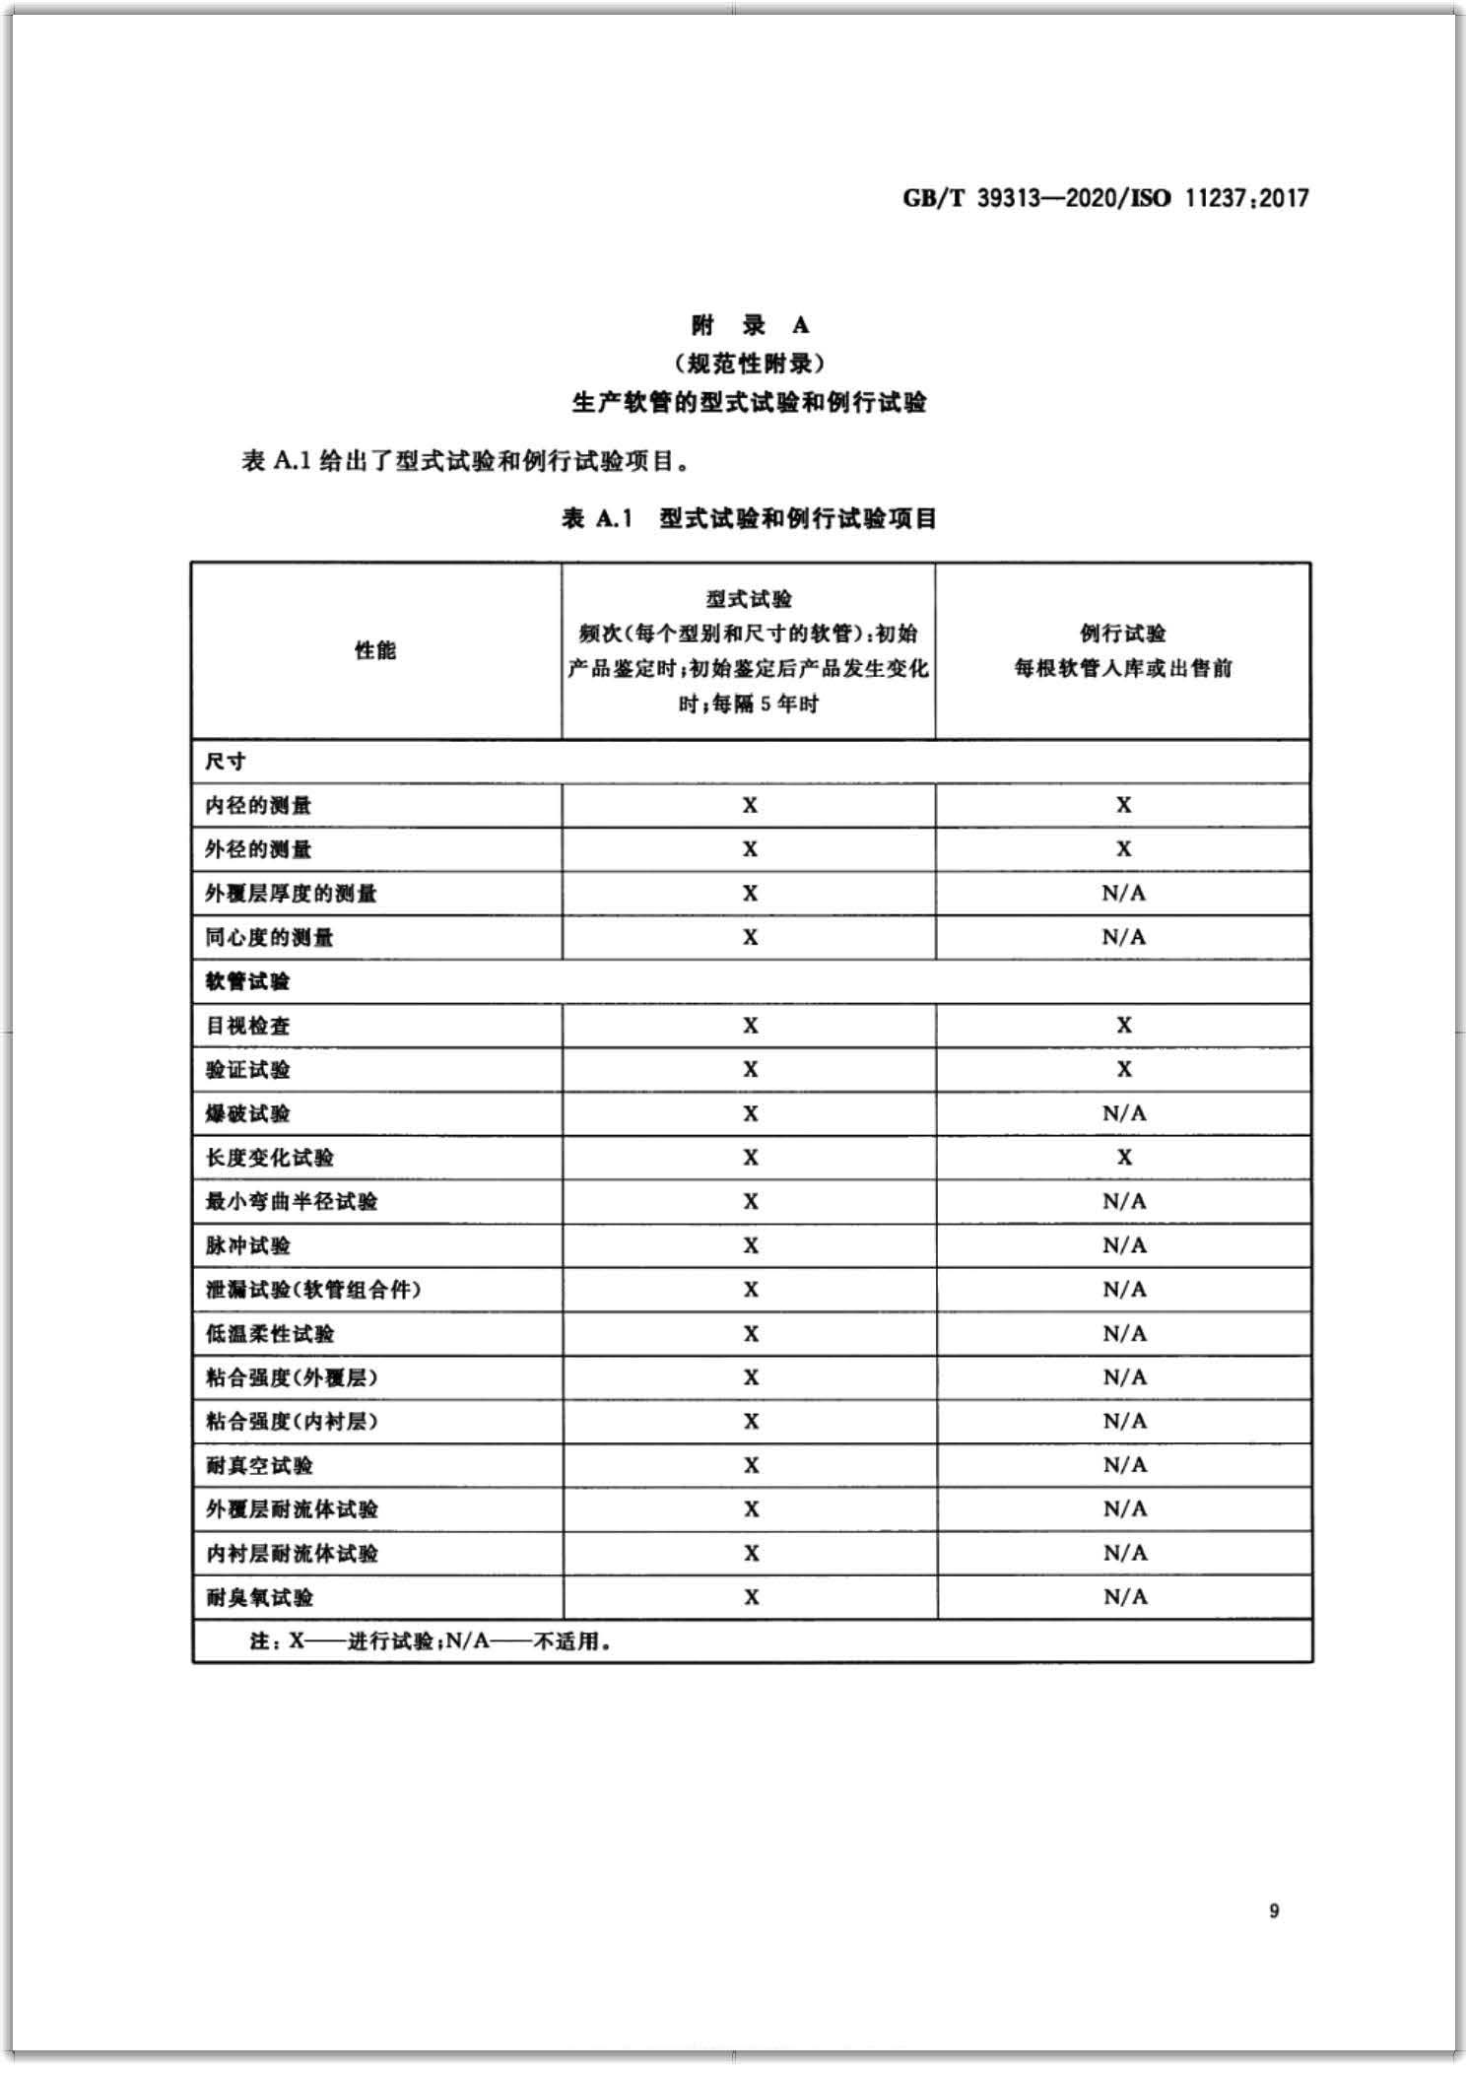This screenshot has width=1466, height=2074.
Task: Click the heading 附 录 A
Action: (749, 325)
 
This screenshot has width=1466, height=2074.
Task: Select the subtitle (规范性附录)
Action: (749, 364)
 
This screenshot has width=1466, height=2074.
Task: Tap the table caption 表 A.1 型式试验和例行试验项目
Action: (749, 518)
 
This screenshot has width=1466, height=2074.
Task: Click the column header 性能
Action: (375, 650)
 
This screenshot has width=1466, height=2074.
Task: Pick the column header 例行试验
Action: (1122, 633)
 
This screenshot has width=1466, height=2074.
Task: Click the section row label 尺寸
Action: (226, 762)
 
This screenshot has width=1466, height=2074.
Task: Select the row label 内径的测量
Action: (258, 806)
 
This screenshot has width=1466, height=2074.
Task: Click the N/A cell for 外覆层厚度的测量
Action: (1123, 894)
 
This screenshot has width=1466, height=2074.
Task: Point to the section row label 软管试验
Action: (247, 981)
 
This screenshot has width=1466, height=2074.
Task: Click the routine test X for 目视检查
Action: (1124, 1026)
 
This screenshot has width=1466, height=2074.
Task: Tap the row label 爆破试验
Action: (247, 1113)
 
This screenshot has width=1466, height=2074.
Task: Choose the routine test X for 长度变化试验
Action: (1124, 1158)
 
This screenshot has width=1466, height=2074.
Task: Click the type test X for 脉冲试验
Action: (751, 1245)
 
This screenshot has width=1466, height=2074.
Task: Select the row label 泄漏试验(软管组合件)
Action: (312, 1290)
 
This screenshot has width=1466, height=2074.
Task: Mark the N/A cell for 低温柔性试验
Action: (1124, 1333)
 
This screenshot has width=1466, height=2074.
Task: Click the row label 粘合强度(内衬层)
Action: (292, 1421)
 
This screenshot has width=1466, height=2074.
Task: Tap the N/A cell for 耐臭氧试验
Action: (1124, 1597)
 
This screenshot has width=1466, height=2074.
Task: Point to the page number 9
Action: (1274, 1911)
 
